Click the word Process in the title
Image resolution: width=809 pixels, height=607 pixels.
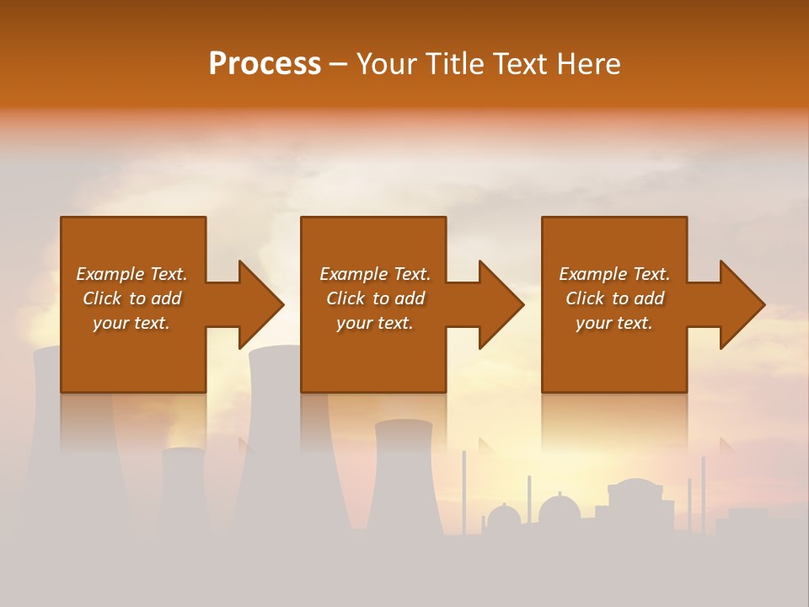[265, 64]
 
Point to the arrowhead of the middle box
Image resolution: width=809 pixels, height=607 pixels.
[500, 305]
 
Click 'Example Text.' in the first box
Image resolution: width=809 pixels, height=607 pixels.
[131, 274]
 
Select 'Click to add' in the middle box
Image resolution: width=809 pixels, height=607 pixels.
[375, 298]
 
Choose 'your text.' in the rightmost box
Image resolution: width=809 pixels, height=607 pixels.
[614, 323]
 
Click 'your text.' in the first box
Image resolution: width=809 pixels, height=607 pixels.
[131, 323]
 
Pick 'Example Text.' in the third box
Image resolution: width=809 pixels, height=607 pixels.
[614, 274]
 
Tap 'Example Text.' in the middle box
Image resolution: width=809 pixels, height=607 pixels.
[375, 274]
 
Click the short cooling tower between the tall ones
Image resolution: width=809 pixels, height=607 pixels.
[183, 489]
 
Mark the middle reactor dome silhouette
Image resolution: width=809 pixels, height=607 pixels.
[560, 510]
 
